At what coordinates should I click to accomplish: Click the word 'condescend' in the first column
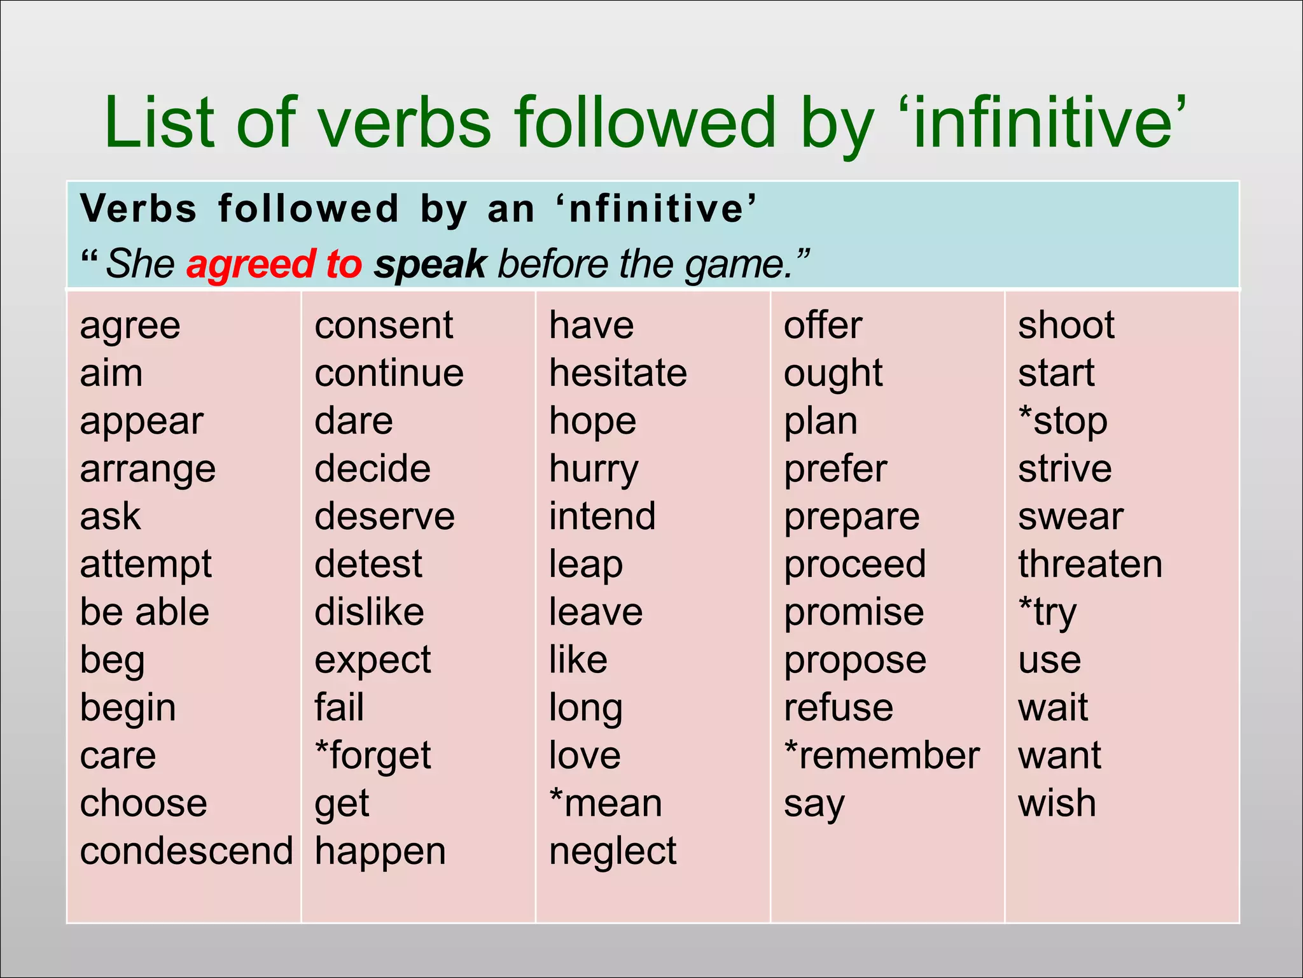[186, 851]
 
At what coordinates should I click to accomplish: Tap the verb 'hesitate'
[618, 373]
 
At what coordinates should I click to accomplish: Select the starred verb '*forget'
[373, 756]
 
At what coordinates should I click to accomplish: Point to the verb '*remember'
[881, 756]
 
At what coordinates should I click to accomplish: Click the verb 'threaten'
[1090, 564]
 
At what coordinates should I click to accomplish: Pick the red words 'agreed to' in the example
[274, 264]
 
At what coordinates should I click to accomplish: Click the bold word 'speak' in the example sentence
[430, 264]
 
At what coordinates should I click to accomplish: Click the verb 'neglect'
[613, 851]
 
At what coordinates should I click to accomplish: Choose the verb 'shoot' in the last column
[1066, 325]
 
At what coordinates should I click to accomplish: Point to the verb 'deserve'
[384, 516]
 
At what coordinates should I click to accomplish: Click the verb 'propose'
[854, 661]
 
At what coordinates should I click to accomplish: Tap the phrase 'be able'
[144, 612]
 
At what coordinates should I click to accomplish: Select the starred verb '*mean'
[606, 804]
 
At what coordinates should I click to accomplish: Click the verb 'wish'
[1057, 804]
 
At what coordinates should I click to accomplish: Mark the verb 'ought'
[833, 374]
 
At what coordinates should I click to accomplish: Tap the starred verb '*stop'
[1063, 422]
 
